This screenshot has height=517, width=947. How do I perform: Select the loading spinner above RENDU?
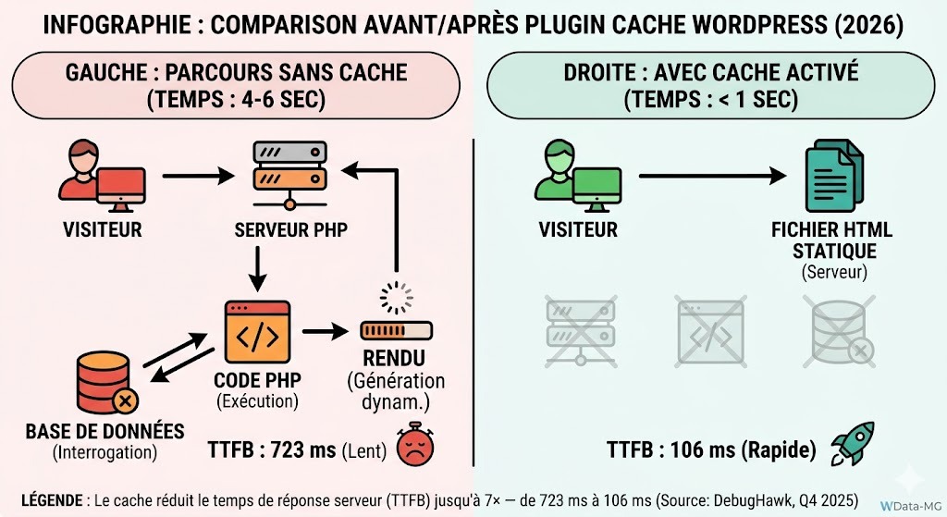pos(396,298)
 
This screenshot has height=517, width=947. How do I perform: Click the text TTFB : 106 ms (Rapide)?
pos(711,450)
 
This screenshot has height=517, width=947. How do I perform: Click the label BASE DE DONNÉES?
pos(104,432)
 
